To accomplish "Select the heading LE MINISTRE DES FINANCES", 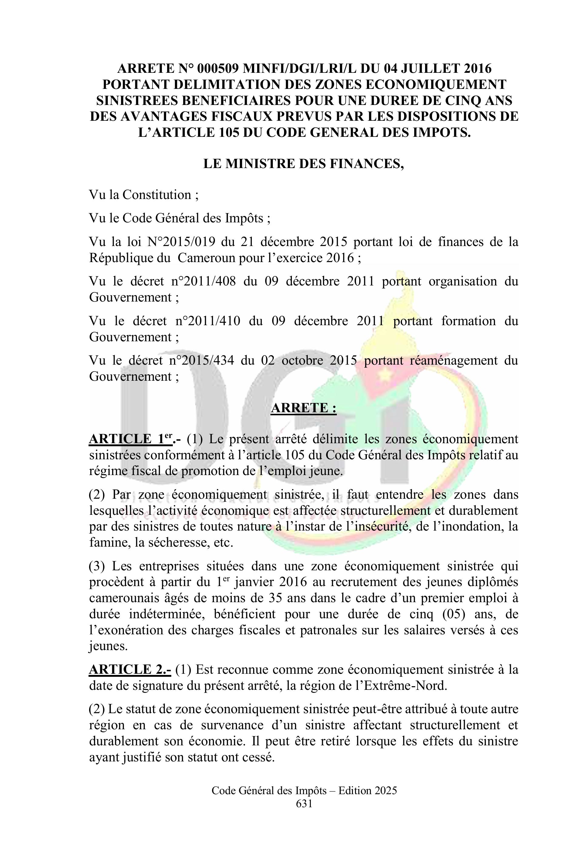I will [304, 164].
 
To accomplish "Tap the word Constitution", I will [157, 195].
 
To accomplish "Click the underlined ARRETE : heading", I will [303, 408].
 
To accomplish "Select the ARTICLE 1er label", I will [132, 439].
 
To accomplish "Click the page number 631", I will [304, 803].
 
